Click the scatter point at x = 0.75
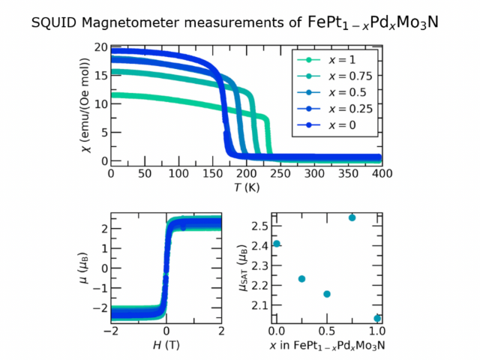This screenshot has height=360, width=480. [x=352, y=217]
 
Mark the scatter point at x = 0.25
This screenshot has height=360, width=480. [x=301, y=279]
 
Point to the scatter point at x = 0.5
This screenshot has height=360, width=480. [x=327, y=294]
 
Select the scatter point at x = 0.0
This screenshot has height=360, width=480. [x=277, y=243]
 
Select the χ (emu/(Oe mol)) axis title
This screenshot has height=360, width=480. [x=83, y=103]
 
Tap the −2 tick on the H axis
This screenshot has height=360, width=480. [x=112, y=331]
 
